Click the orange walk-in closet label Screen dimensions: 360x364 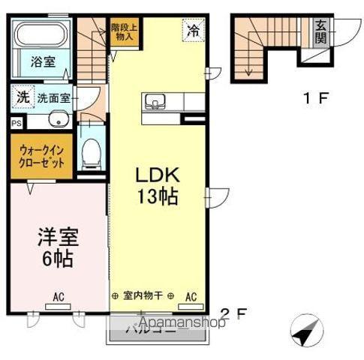(41, 156)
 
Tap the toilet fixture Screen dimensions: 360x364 (92, 152)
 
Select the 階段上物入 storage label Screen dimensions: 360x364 (124, 31)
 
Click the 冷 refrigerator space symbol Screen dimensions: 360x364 (194, 31)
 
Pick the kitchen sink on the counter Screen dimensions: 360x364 (156, 102)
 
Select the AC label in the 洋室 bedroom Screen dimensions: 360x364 (58, 297)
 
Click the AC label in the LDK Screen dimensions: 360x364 (191, 296)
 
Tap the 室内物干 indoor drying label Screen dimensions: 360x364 (143, 296)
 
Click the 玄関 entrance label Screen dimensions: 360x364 (320, 31)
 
